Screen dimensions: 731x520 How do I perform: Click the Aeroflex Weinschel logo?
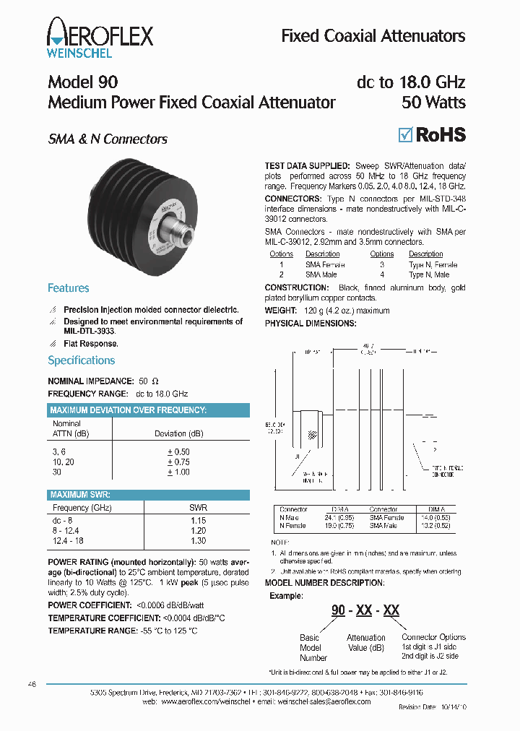(x=100, y=38)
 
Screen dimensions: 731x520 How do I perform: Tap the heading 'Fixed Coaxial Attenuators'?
(x=373, y=36)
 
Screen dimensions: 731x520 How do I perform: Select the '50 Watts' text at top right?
(x=433, y=103)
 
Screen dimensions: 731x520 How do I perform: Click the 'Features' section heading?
(x=68, y=288)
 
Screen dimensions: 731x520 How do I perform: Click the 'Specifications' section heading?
(x=81, y=360)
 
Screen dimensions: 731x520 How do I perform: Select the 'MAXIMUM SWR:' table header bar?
(x=149, y=495)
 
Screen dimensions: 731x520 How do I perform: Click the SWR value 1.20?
(x=198, y=530)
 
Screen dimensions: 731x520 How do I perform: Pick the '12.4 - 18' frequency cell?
(x=69, y=540)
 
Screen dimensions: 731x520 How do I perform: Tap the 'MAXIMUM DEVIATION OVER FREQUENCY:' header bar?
(x=149, y=410)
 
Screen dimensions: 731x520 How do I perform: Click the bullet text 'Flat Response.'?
(x=90, y=344)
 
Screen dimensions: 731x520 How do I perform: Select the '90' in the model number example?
(x=338, y=610)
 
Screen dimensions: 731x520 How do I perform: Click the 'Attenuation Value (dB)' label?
(x=366, y=642)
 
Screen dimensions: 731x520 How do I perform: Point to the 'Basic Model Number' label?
(x=313, y=648)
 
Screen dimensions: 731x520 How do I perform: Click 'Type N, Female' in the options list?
(x=433, y=265)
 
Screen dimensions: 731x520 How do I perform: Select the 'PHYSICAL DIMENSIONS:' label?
(x=310, y=324)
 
